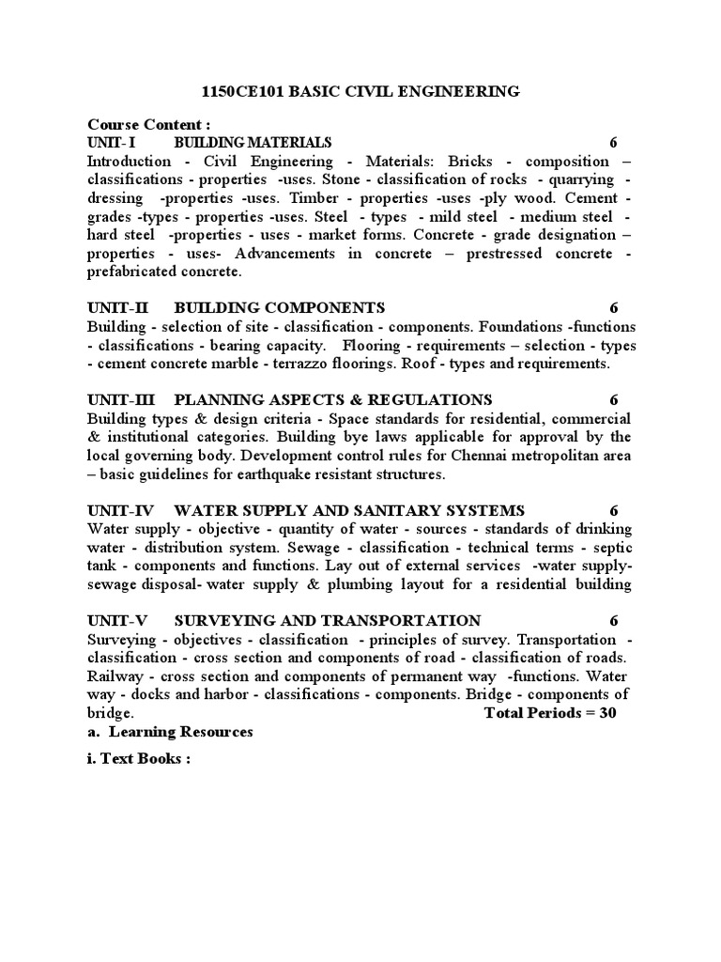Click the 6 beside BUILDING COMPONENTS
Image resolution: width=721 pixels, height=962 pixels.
pyautogui.click(x=613, y=308)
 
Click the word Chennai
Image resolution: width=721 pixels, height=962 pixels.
pyautogui.click(x=453, y=456)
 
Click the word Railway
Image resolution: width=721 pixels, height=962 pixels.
pyautogui.click(x=116, y=675)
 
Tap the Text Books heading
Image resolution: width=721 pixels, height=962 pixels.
pyautogui.click(x=139, y=759)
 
